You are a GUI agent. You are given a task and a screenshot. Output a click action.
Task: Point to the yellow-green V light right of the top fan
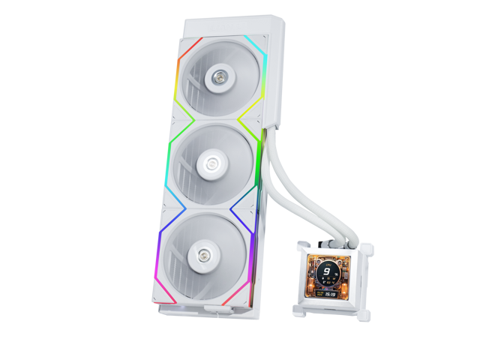click(x=250, y=120)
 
